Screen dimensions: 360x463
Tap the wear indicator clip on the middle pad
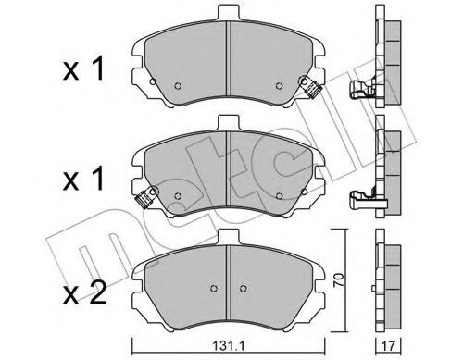(144, 197)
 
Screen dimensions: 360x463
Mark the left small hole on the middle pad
(177, 196)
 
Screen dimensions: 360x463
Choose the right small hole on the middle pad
(281, 195)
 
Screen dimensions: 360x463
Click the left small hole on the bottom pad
(220, 285)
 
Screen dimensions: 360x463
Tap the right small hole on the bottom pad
(241, 285)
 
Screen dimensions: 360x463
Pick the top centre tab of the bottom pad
(230, 239)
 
